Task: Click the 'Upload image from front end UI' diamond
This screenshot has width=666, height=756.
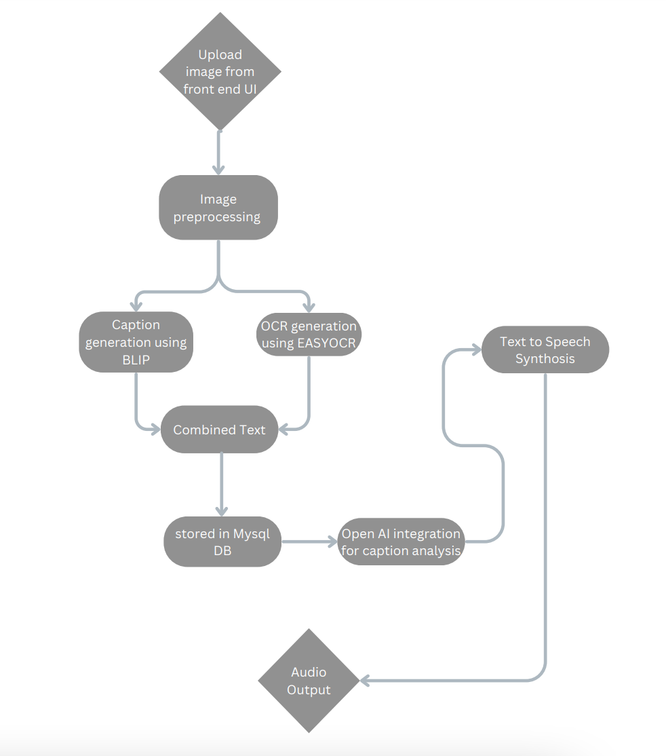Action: [220, 71]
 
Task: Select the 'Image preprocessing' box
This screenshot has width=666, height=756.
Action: [218, 208]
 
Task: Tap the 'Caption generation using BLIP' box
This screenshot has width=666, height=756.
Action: [136, 342]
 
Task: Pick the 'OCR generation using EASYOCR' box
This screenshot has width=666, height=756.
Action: [309, 335]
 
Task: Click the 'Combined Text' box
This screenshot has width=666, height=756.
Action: [219, 430]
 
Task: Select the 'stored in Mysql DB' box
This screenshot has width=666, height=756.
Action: [222, 542]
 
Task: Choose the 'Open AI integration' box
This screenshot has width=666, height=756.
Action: [401, 542]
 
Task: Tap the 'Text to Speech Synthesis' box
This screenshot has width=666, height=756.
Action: [545, 349]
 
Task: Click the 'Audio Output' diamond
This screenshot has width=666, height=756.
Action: [309, 681]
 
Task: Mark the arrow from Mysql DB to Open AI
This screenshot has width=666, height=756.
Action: [309, 542]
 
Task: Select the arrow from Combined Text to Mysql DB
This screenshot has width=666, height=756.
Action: [220, 482]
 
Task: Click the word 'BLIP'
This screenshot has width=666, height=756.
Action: [136, 360]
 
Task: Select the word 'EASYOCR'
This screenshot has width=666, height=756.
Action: [326, 343]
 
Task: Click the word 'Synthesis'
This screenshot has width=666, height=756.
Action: [545, 359]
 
